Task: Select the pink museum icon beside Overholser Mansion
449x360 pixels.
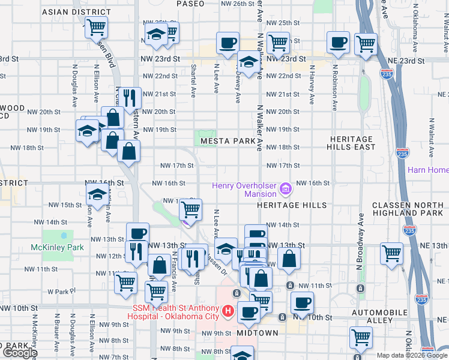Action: [x=286, y=190]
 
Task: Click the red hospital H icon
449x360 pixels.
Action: [x=228, y=311]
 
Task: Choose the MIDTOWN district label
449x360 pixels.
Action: [x=258, y=332]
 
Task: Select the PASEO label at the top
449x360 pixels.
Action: [x=190, y=4]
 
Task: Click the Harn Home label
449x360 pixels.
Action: [x=427, y=170]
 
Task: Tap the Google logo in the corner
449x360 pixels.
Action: [x=19, y=353]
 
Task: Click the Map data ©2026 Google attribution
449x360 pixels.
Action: [x=412, y=355]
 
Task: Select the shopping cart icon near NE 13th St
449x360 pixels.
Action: [x=391, y=253]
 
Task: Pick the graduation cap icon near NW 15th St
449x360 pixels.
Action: [x=97, y=194]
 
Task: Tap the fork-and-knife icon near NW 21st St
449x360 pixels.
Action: [x=130, y=96]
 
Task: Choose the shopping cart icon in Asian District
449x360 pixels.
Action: [x=95, y=26]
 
